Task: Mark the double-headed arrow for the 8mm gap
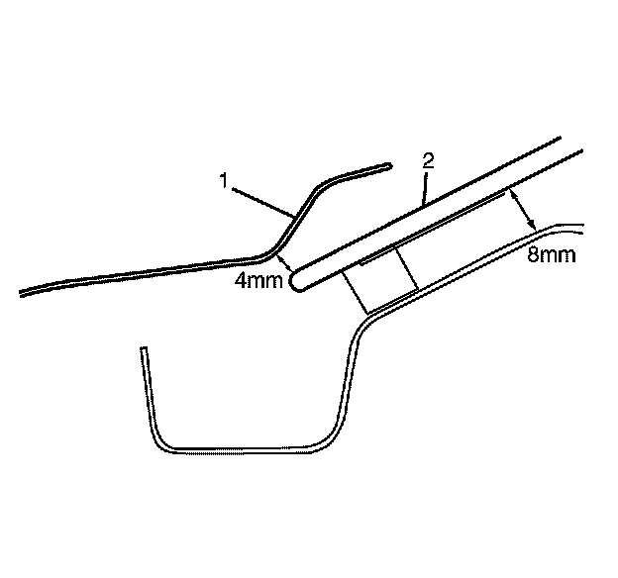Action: [x=522, y=210]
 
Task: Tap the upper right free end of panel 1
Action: [x=389, y=165]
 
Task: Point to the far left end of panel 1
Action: [x=22, y=293]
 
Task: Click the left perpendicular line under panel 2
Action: [x=356, y=293]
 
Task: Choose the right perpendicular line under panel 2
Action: [x=405, y=268]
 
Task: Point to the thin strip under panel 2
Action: [x=436, y=225]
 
